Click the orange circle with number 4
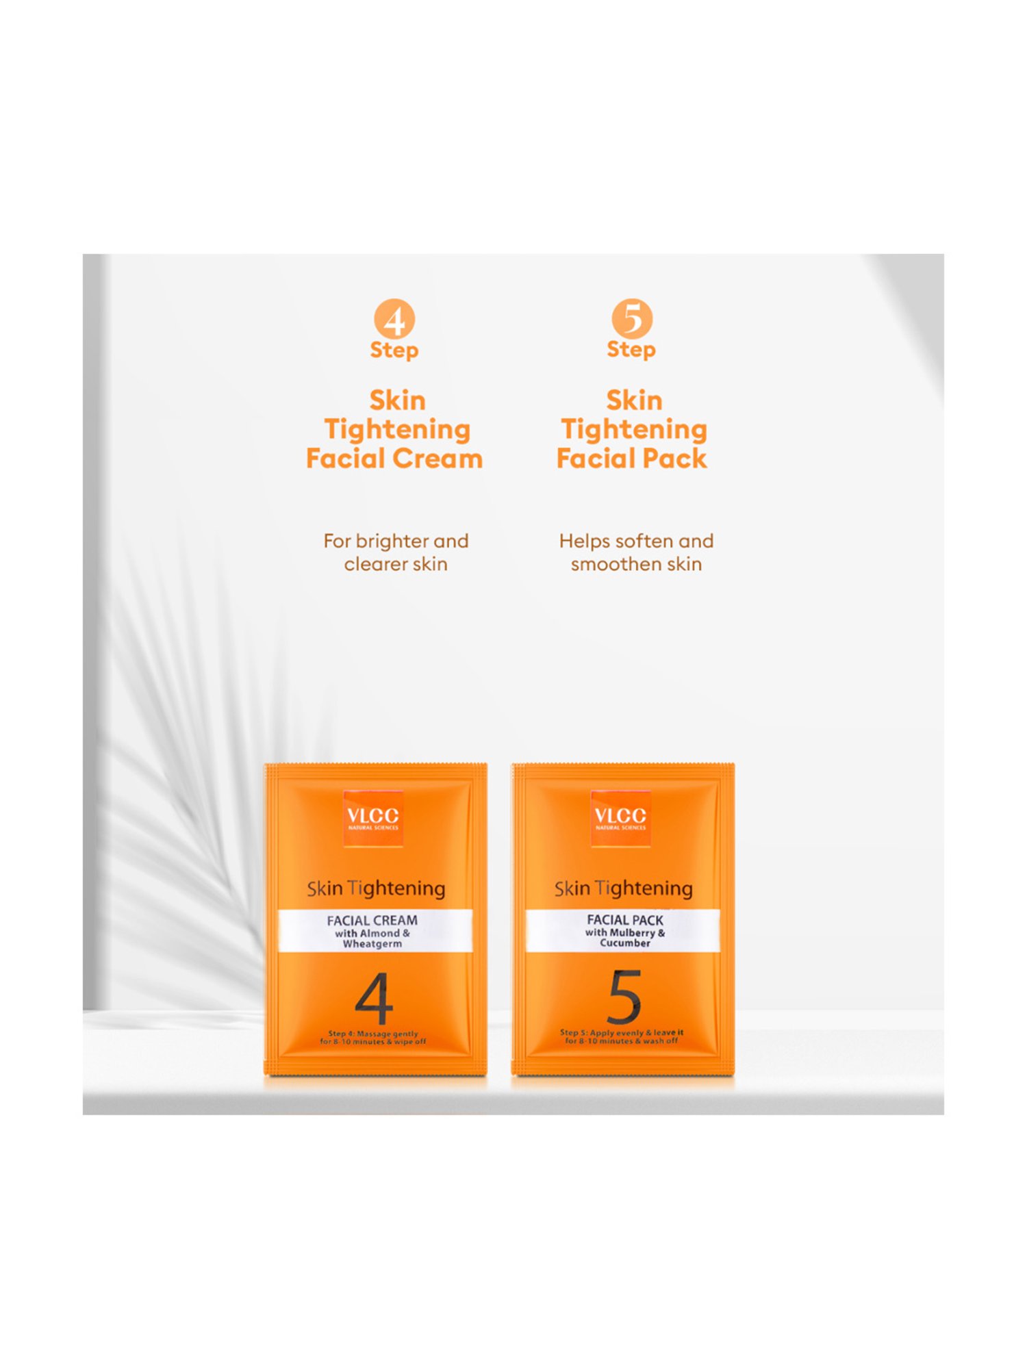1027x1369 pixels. [394, 318]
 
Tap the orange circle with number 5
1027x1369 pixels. [632, 318]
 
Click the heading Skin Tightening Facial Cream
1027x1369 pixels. [395, 429]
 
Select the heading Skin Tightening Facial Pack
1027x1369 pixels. [633, 429]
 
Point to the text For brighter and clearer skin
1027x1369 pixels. [396, 552]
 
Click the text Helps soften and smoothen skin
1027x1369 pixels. [636, 552]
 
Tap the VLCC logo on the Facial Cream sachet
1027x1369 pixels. [373, 818]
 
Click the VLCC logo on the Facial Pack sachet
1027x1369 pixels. [620, 818]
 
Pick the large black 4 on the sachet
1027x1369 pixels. [374, 999]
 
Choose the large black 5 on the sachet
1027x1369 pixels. [624, 997]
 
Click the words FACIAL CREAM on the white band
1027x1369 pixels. [372, 920]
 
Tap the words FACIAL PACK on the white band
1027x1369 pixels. [625, 919]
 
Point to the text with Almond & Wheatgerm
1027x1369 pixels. [372, 938]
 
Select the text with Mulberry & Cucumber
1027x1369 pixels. [625, 938]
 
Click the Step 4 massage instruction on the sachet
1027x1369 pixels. [373, 1038]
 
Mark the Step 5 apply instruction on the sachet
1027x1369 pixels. [622, 1036]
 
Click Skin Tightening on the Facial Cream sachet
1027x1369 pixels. [376, 888]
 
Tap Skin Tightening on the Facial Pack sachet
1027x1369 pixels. [624, 888]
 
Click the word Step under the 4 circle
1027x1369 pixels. [394, 350]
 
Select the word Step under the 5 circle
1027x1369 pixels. [631, 350]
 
